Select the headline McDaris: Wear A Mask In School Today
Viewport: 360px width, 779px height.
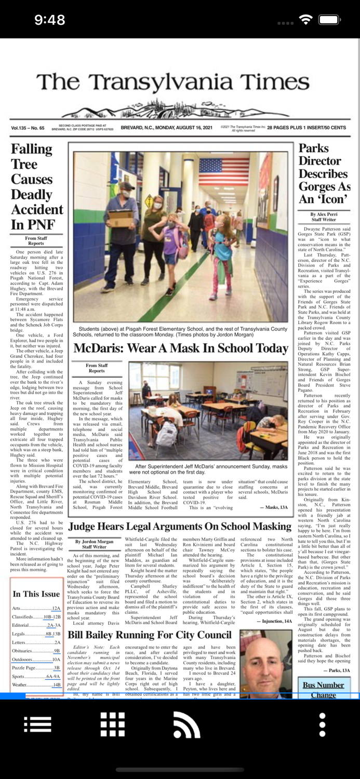pos(180,348)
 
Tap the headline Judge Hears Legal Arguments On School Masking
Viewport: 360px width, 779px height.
pos(179,527)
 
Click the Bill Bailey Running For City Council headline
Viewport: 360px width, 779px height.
pos(150,635)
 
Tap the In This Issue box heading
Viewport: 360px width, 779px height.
pos(36,594)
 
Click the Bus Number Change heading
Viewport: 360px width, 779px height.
pos(323,690)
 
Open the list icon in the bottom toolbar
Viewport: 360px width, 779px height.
pos(37,724)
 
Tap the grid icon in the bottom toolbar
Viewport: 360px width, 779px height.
pos(113,724)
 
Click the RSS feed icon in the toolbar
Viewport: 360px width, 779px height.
pos(186,724)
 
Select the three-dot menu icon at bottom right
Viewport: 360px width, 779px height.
pos(322,724)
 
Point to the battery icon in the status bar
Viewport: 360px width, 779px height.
pos(329,20)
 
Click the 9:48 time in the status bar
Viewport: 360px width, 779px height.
pos(49,20)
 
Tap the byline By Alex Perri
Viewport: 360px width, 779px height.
pos(324,214)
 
